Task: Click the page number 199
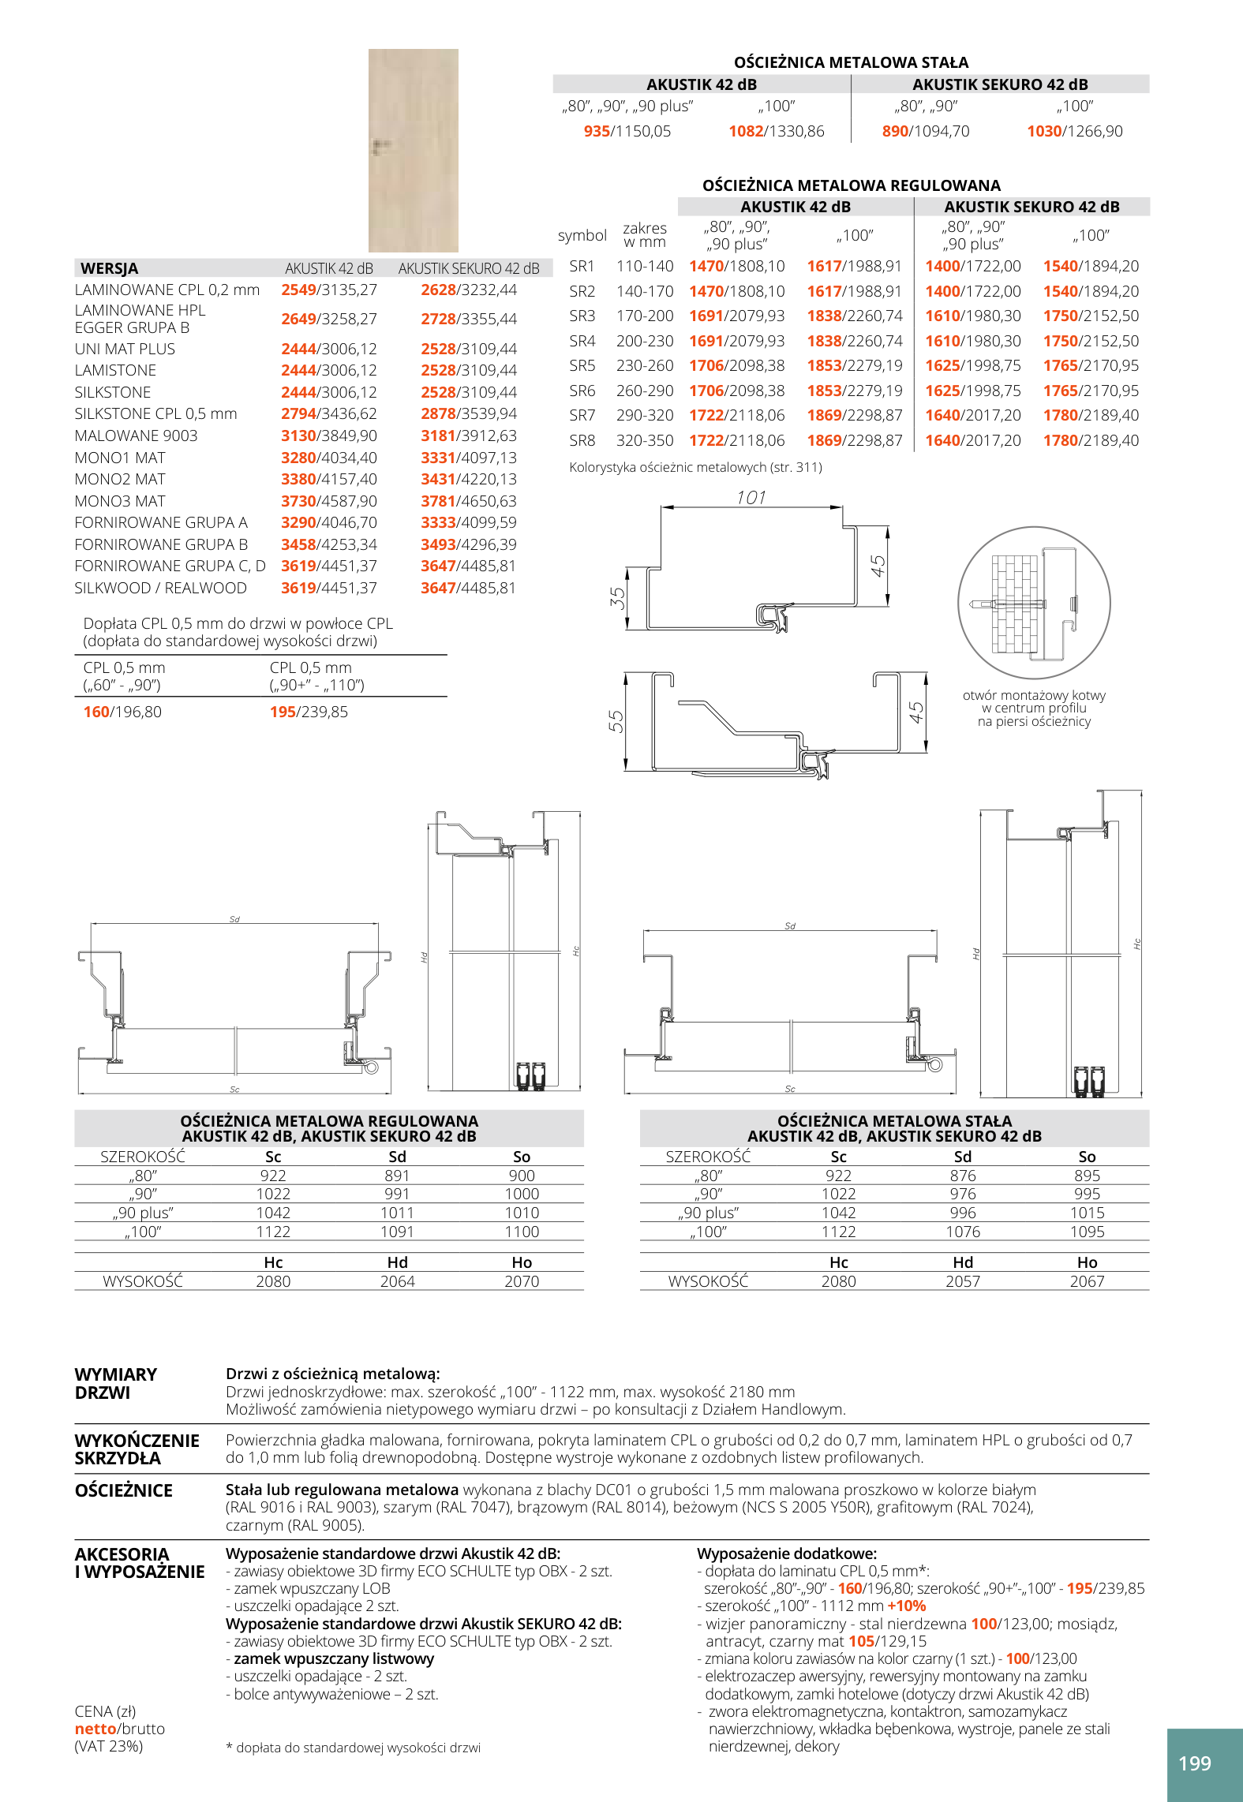pos(1194,1763)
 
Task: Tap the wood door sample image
pos(414,151)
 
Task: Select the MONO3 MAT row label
pos(120,501)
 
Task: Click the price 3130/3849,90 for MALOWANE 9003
pos(329,436)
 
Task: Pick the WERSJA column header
pos(109,268)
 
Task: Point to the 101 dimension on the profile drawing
pos(751,497)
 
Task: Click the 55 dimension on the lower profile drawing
pos(616,721)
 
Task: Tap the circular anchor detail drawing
pos(1034,603)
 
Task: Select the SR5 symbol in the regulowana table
pos(582,365)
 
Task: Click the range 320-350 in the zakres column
pos(645,440)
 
